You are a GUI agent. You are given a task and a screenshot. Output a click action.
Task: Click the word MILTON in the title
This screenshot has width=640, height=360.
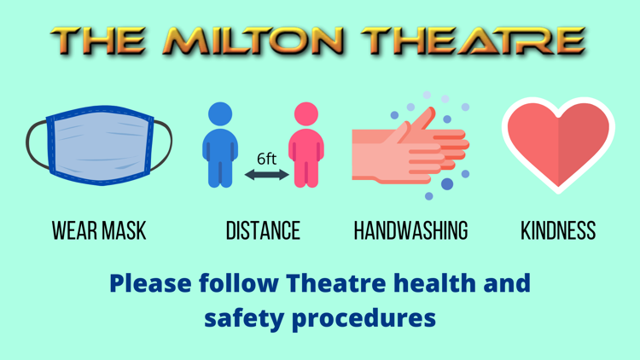click(x=253, y=41)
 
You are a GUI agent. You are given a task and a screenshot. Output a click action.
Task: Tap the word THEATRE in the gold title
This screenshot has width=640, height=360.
click(x=474, y=41)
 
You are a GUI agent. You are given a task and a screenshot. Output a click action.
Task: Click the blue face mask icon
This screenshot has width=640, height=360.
click(x=99, y=145)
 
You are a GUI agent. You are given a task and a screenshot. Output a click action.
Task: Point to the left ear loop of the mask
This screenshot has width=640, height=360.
click(x=37, y=145)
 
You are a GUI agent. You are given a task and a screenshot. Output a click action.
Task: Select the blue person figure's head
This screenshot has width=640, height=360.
click(x=220, y=113)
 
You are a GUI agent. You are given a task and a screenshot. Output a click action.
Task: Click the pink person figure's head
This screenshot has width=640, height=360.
click(x=306, y=113)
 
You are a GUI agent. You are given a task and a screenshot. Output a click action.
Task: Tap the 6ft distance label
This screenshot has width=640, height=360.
click(x=267, y=159)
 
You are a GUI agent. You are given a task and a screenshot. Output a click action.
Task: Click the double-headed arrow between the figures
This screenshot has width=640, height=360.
click(x=267, y=175)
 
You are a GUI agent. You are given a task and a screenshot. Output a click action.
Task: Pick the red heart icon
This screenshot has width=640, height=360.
click(x=558, y=145)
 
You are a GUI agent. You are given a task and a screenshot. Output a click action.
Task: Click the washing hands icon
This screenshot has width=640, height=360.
click(x=411, y=146)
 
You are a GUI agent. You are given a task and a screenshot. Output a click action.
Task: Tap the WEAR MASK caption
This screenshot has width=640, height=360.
click(x=99, y=230)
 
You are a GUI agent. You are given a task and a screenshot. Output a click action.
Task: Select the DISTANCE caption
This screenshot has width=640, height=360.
click(x=264, y=230)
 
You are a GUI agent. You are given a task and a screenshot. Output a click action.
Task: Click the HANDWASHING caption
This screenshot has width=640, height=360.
click(x=411, y=230)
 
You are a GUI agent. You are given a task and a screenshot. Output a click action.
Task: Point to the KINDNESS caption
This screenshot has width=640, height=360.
click(x=558, y=230)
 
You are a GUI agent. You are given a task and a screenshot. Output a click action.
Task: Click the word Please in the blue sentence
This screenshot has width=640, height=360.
click(x=150, y=283)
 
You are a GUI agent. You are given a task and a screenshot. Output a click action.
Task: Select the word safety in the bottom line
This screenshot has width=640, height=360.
click(x=244, y=319)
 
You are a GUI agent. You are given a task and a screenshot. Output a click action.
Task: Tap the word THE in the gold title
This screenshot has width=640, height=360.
click(x=98, y=41)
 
